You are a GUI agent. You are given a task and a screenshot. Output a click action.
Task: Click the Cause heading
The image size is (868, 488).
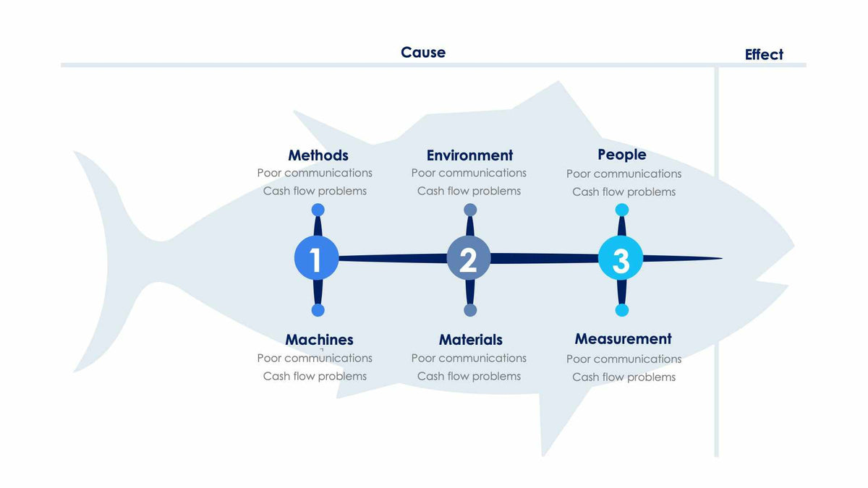[423, 53]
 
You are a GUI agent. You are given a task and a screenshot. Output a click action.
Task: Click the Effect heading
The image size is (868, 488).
[764, 55]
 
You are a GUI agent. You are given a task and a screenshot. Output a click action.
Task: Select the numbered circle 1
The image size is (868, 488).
[317, 258]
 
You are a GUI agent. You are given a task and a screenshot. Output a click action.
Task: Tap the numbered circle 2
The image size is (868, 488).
[469, 258]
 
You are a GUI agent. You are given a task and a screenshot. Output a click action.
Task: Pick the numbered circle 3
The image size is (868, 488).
[621, 258]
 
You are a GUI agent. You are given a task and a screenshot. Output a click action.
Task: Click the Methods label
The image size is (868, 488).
[318, 155]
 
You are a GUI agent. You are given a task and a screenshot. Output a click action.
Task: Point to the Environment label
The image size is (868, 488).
[469, 155]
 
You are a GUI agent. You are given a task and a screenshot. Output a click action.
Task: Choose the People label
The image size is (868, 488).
[622, 155]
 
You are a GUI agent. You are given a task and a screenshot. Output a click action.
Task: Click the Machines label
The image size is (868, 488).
[319, 340]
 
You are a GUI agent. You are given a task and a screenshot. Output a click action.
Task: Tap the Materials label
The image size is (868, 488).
[470, 340]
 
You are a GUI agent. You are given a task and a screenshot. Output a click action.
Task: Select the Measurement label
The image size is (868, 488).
[623, 339]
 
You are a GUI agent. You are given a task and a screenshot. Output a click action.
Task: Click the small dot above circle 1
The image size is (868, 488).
[318, 210]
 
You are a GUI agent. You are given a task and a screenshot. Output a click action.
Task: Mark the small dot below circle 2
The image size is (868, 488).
[470, 310]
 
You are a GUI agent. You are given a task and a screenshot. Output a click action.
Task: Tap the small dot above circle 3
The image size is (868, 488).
[622, 210]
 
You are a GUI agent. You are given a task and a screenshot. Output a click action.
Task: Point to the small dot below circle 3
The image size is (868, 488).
[622, 310]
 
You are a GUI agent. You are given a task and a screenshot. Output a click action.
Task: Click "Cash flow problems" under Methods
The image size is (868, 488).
[315, 192]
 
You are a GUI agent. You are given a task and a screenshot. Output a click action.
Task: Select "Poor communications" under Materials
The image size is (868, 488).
[469, 359]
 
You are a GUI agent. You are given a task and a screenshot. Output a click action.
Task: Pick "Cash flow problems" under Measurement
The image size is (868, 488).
[624, 377]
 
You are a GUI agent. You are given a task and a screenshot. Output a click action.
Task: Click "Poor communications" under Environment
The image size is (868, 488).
[469, 174]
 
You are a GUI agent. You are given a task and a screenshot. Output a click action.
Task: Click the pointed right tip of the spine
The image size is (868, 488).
[720, 258]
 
